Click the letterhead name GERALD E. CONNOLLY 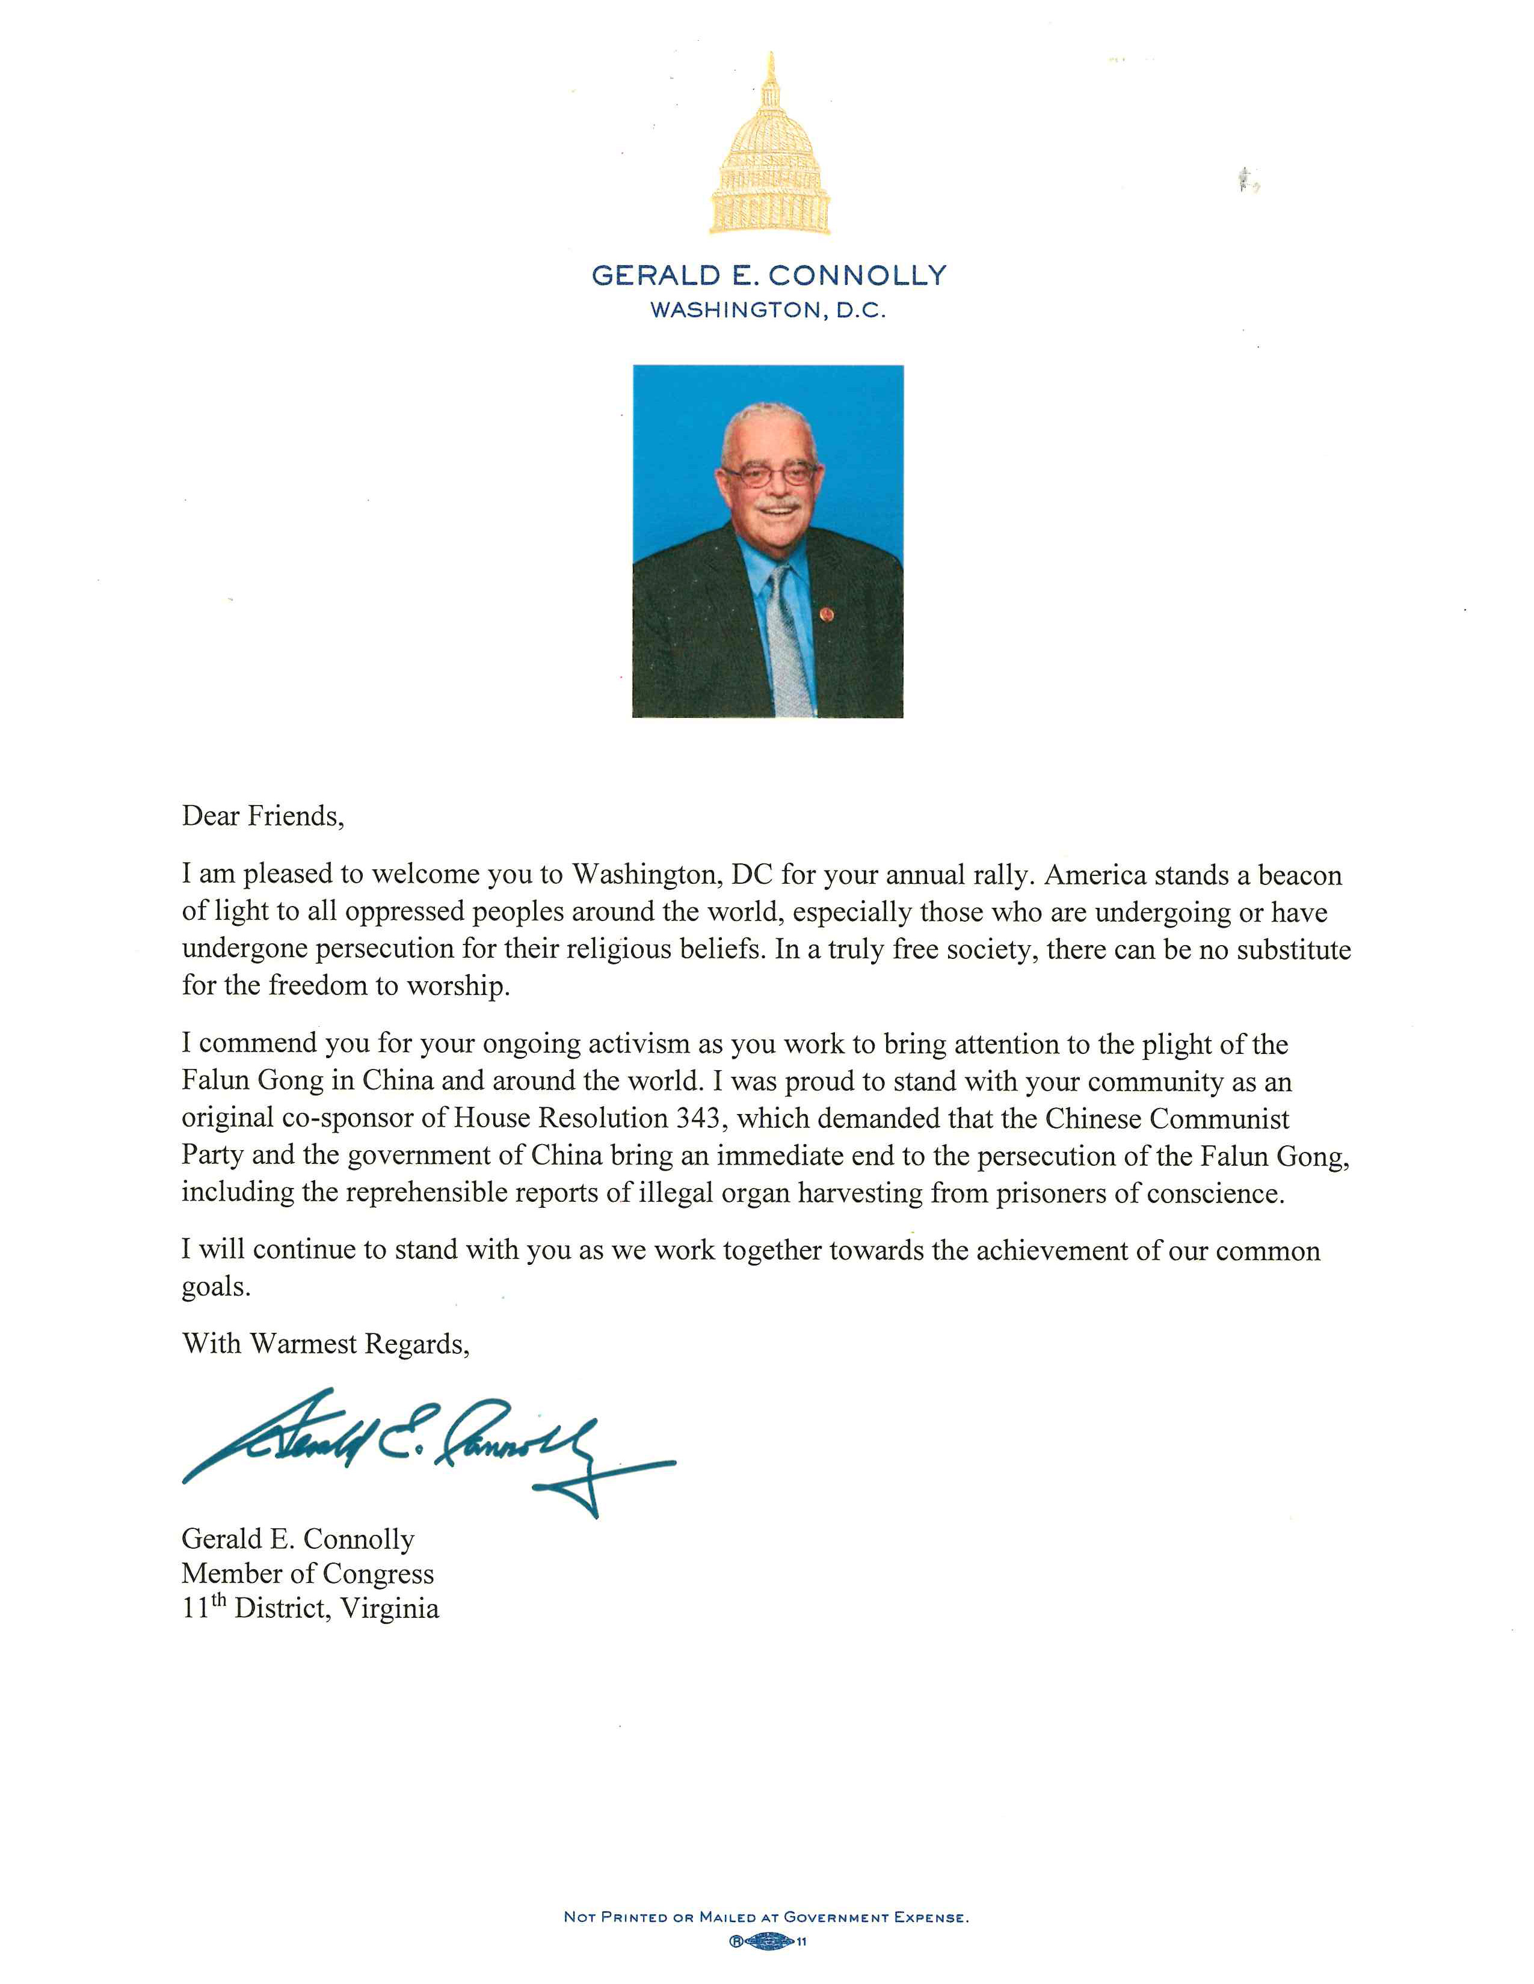pos(769,276)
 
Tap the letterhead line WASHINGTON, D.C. pos(768,311)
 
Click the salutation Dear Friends pos(263,816)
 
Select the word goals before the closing pos(215,1287)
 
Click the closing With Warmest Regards pos(325,1344)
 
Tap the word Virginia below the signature pos(390,1609)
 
